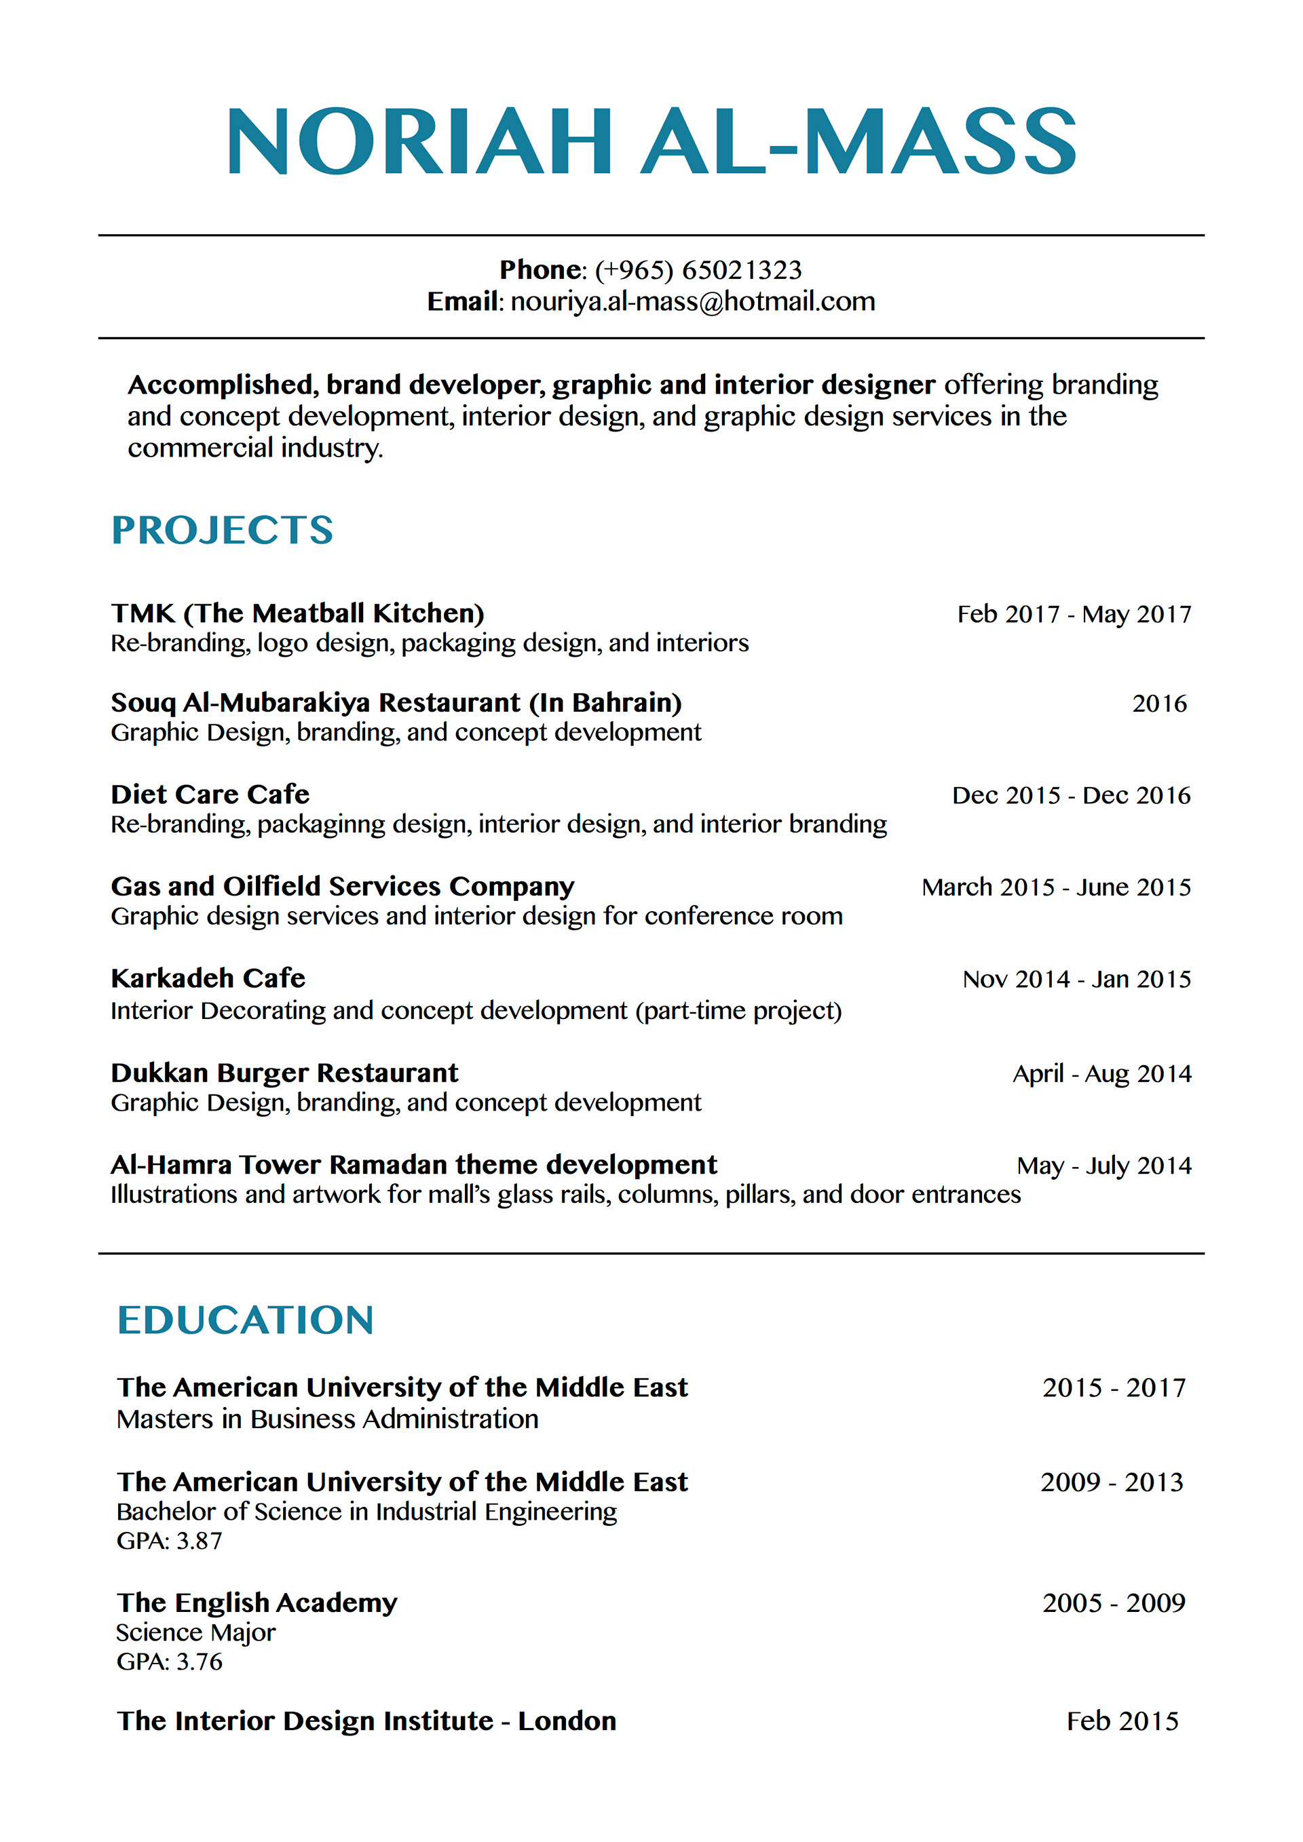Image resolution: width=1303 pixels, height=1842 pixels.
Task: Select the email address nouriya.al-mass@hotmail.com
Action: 692,302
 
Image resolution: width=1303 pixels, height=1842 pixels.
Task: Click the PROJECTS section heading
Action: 222,531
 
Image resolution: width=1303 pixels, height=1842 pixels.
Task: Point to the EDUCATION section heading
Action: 246,1320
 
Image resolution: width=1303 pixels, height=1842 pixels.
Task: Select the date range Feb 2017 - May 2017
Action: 1074,615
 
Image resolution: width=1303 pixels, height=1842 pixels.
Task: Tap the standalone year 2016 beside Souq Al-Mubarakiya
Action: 1158,704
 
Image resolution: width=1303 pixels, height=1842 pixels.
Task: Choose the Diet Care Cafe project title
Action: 210,794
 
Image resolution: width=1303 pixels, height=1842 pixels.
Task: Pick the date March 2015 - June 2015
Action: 1056,887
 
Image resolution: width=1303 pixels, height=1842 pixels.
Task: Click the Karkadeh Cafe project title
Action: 208,979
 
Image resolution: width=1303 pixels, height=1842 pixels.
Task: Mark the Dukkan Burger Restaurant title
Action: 285,1073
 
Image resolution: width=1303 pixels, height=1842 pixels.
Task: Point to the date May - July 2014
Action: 1103,1166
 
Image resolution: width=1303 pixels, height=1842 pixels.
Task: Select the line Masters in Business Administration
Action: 327,1419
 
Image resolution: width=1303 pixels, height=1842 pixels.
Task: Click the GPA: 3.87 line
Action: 169,1541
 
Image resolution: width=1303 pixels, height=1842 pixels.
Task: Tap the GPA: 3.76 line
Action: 169,1662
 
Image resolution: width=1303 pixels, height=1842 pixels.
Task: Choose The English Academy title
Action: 257,1603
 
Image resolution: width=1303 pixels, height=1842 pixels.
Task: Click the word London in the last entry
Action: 567,1721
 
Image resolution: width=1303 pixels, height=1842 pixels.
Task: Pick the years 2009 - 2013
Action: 1111,1482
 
